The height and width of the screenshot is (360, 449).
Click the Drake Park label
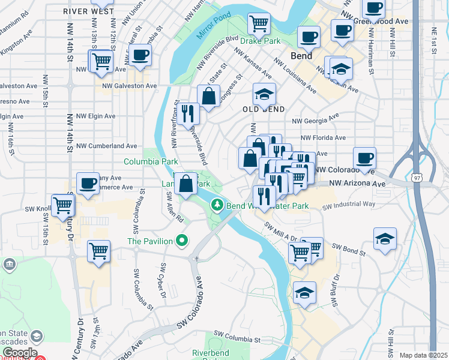pos(264,41)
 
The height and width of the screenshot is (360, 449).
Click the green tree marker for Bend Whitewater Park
pos(217,206)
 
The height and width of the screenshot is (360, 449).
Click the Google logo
pos(19,353)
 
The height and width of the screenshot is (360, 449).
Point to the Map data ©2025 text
pos(423,355)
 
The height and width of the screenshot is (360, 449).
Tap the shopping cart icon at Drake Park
pos(259,23)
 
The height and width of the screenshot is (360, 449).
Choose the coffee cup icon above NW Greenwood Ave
pos(373,8)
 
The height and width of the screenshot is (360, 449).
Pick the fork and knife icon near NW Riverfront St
pos(187,112)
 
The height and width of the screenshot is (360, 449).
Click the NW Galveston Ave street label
pos(130,86)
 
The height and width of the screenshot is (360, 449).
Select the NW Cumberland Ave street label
pos(107,146)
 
